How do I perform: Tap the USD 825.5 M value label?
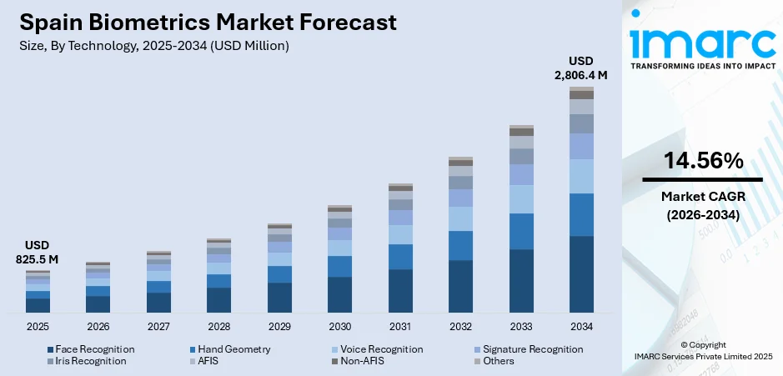point(38,253)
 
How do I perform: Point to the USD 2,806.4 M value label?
point(581,68)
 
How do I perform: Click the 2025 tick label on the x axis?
point(38,326)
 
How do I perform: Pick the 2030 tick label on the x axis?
point(339,326)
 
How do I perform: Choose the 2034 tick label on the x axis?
point(581,326)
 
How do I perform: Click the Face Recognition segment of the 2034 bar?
point(581,274)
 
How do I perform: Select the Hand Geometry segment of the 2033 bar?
point(521,231)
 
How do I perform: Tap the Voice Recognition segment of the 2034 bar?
point(581,176)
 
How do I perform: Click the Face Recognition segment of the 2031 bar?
point(400,291)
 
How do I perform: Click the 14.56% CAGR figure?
point(702,162)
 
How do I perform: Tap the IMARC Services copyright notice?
point(702,355)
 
